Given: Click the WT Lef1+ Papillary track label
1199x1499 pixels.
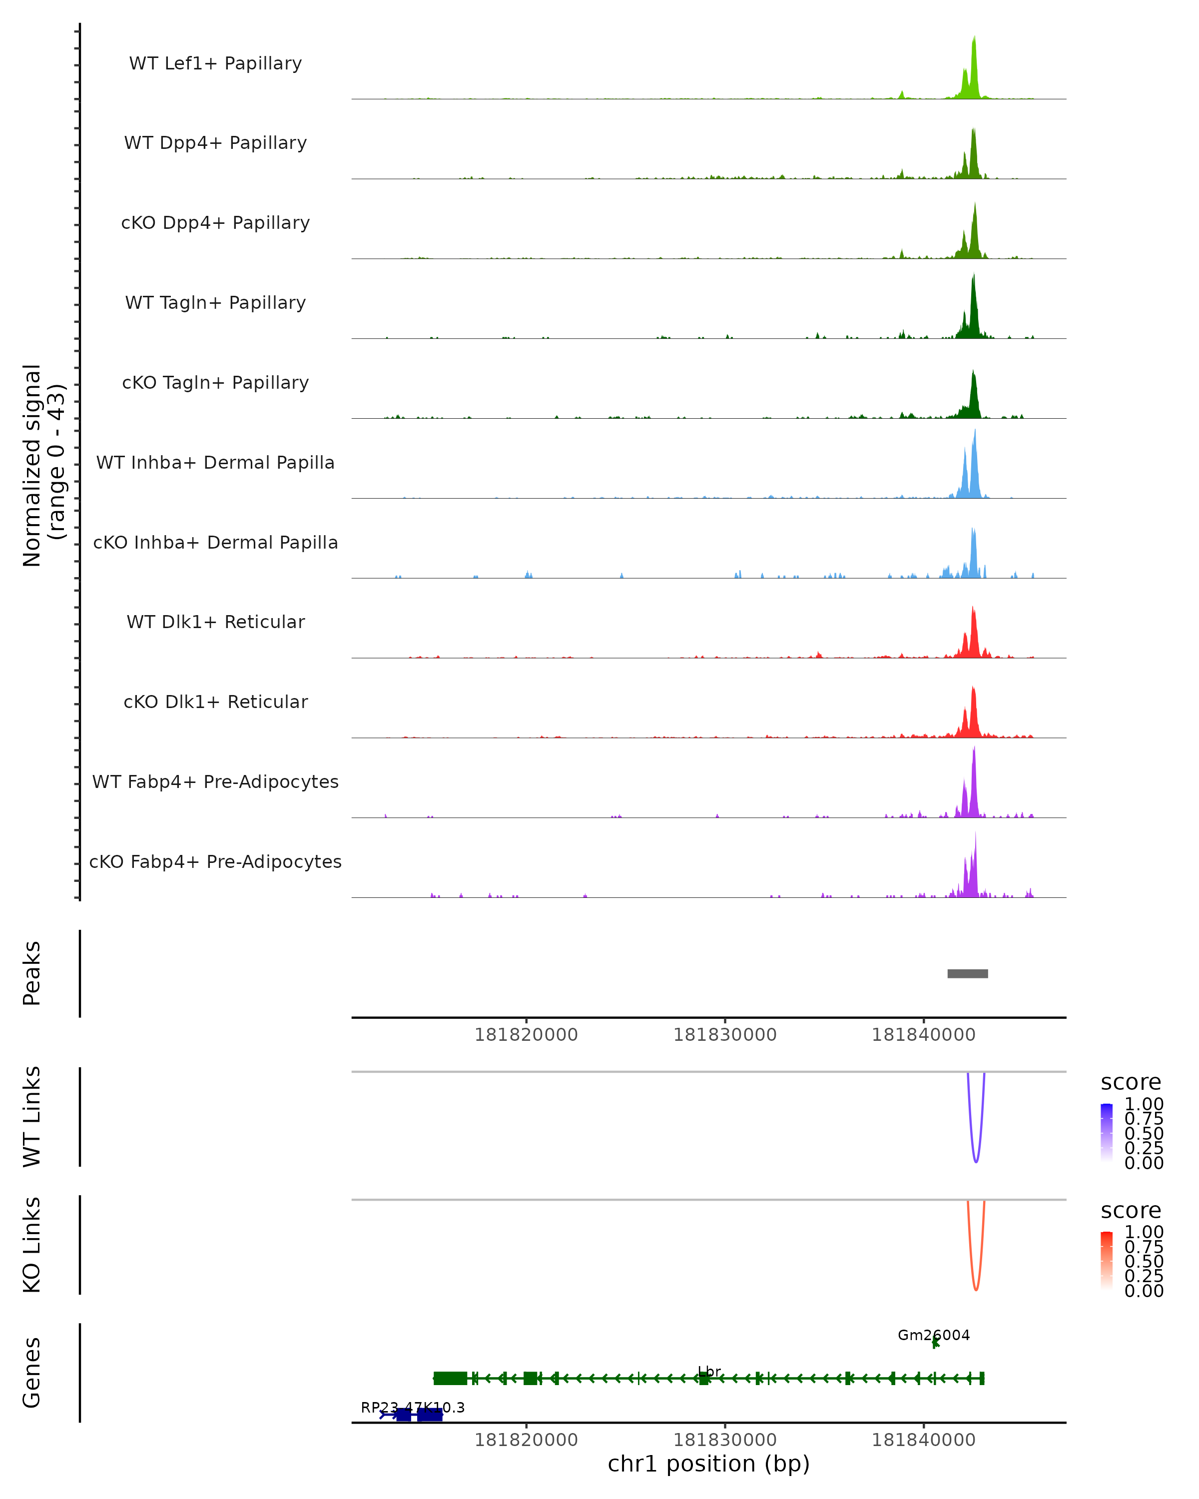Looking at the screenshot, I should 215,63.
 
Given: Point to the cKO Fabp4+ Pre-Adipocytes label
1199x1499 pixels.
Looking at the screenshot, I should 215,861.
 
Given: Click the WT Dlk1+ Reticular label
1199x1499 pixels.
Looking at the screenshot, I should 215,622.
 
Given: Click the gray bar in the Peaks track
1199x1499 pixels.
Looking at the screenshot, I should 968,973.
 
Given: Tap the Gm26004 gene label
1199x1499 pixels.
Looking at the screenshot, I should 934,1335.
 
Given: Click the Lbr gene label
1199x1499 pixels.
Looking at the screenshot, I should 709,1372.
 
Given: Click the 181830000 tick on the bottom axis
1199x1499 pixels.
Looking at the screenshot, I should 725,1440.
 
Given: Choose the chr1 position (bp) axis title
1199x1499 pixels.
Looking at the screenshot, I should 708,1464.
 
